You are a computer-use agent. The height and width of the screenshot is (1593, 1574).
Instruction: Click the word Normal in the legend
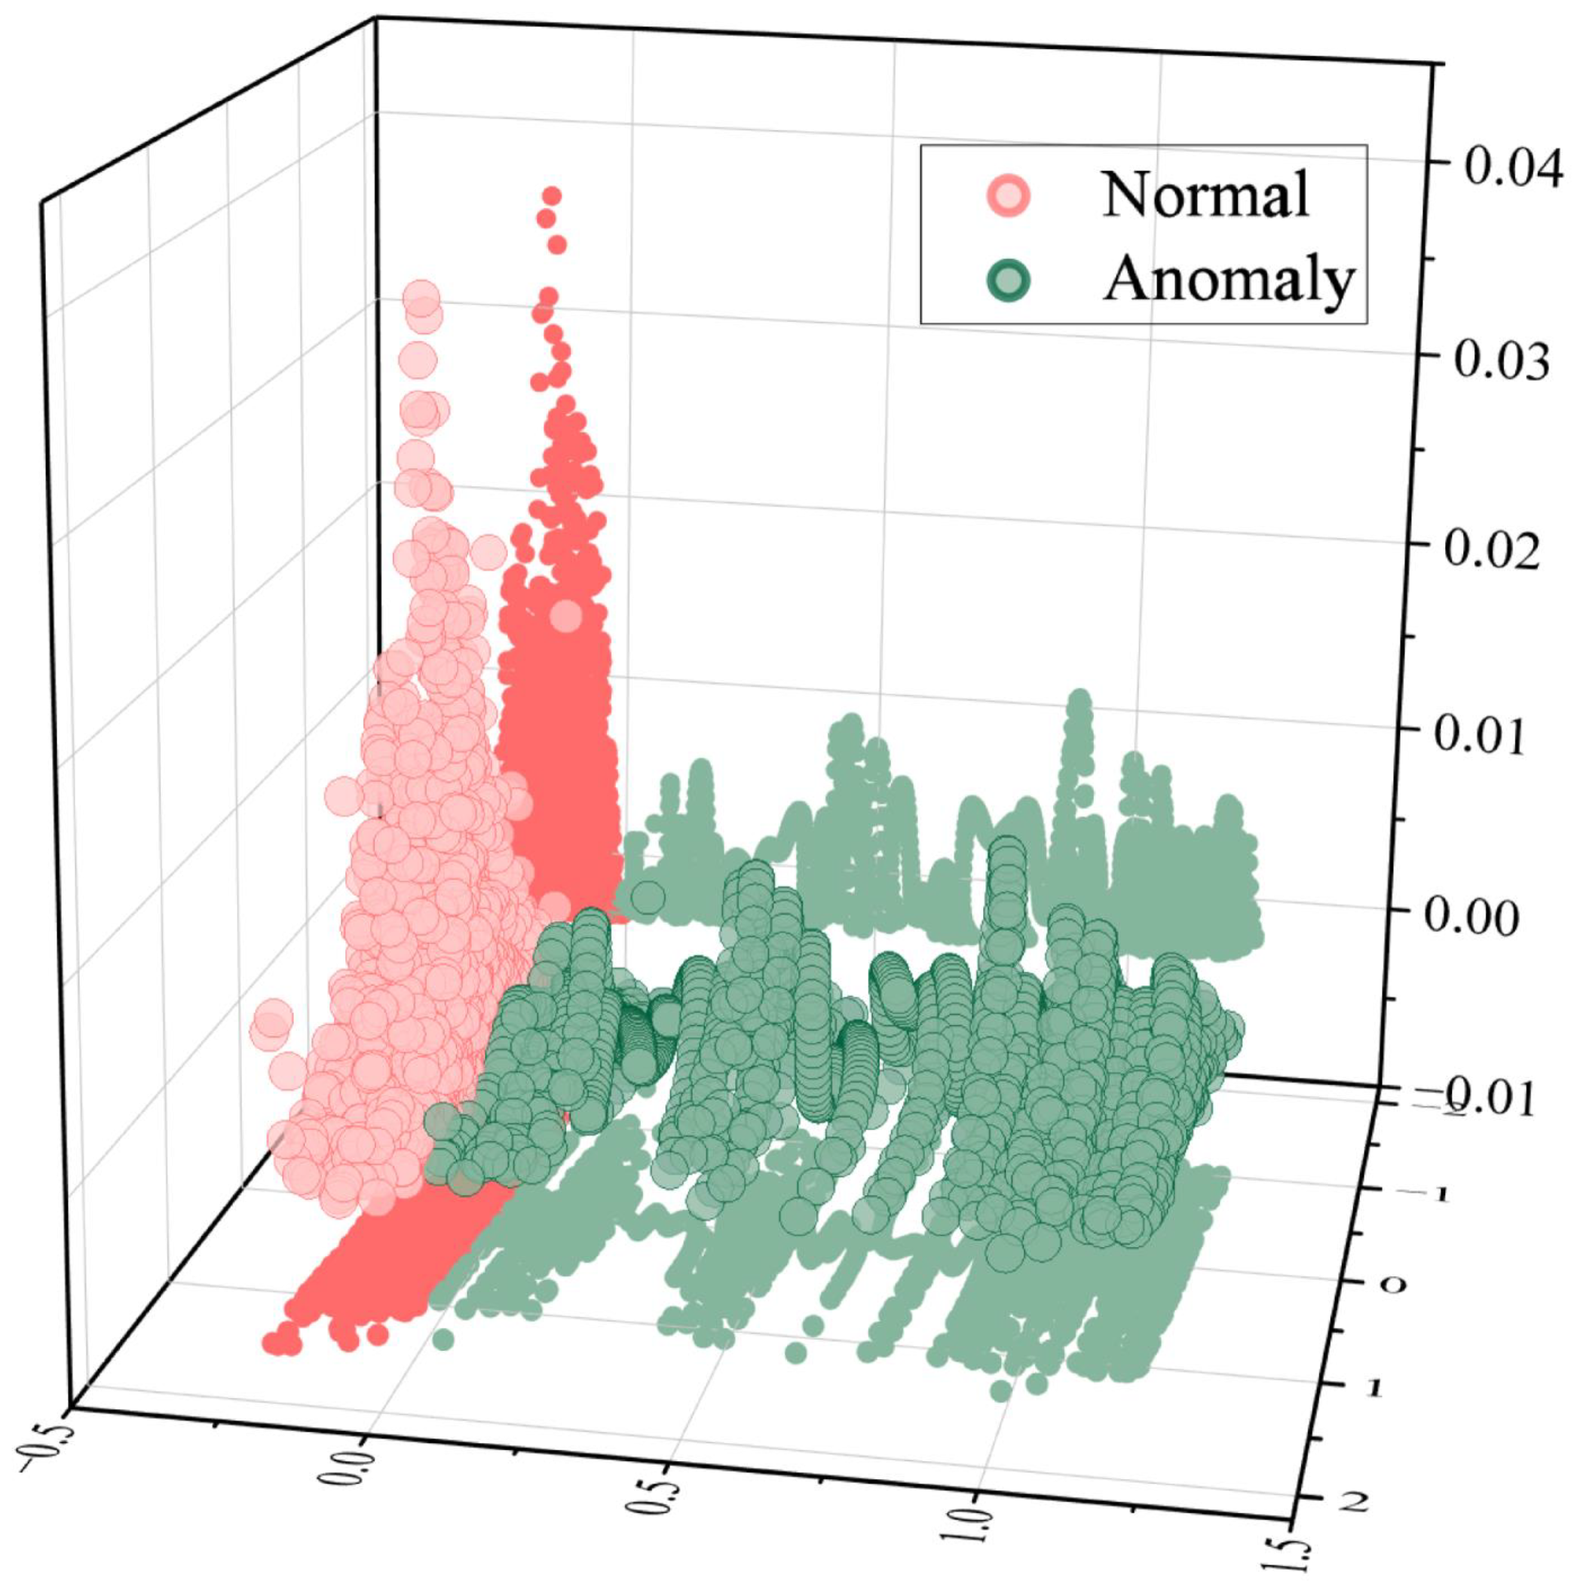point(1205,195)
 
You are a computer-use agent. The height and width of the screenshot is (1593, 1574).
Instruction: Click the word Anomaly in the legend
point(1228,280)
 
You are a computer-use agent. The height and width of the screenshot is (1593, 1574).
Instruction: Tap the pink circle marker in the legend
point(1009,196)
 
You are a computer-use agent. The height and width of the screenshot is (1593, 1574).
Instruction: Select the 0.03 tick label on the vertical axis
point(1502,361)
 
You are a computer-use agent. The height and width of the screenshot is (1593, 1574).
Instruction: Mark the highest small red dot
point(552,195)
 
